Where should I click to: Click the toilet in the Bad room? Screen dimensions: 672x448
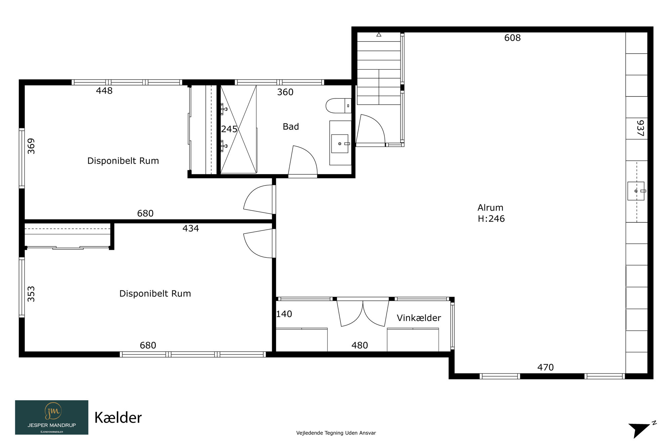click(x=338, y=106)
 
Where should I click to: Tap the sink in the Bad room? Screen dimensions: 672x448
click(x=340, y=144)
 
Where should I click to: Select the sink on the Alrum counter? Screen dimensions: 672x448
click(x=636, y=191)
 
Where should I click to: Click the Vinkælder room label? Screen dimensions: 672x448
click(x=419, y=318)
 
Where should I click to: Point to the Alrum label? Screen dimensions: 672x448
click(x=490, y=208)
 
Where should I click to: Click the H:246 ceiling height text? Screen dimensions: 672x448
click(x=491, y=219)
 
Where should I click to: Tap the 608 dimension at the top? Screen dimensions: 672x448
click(x=512, y=38)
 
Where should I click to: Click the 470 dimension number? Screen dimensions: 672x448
click(x=545, y=367)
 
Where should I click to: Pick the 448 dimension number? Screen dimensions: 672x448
click(x=104, y=91)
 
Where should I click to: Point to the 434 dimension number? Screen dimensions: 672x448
click(x=191, y=229)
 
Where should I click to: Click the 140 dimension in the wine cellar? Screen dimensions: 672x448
click(x=284, y=314)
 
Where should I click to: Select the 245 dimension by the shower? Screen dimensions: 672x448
click(x=229, y=129)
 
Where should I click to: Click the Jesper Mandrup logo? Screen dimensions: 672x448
click(x=52, y=417)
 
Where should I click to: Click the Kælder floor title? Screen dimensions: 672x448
click(x=118, y=418)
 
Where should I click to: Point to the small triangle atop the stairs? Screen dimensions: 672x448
click(x=379, y=34)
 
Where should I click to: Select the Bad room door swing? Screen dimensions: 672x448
click(x=303, y=160)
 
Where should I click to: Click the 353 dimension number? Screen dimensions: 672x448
click(x=31, y=294)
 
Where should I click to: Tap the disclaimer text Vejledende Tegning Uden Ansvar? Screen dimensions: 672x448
click(x=336, y=433)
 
